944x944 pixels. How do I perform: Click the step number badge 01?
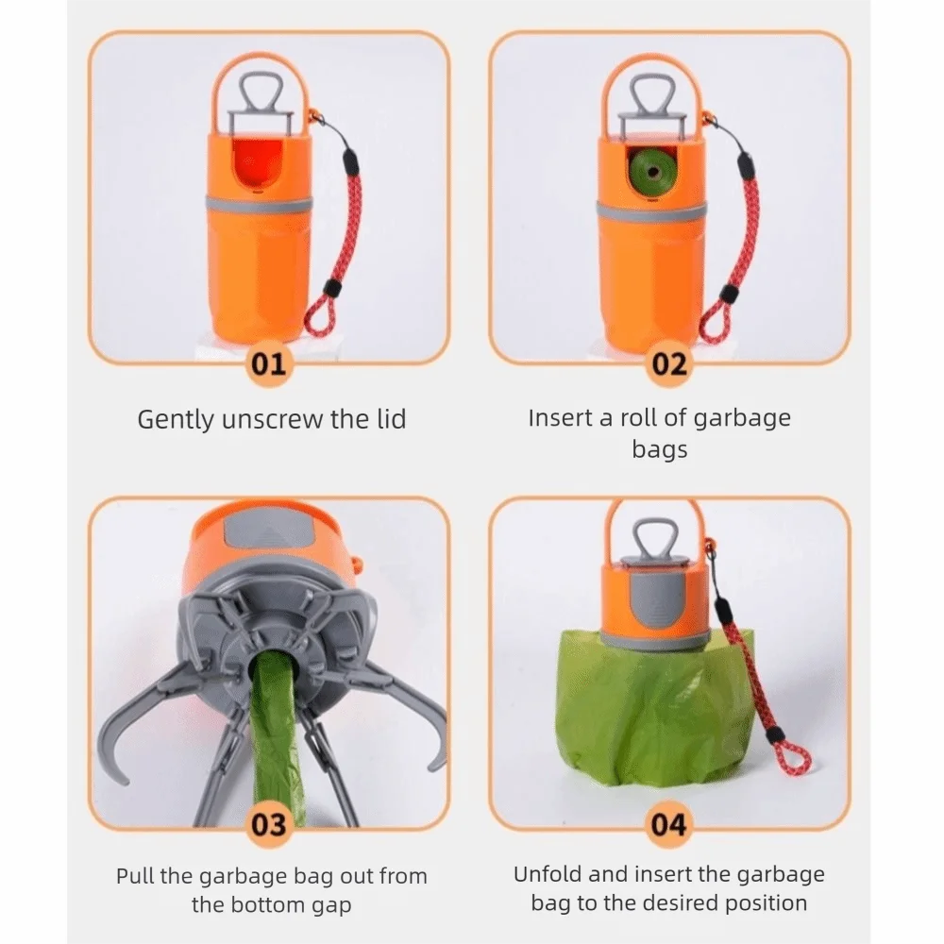coord(269,364)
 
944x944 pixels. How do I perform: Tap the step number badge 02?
coord(669,364)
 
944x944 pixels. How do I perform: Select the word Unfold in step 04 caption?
coord(547,874)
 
